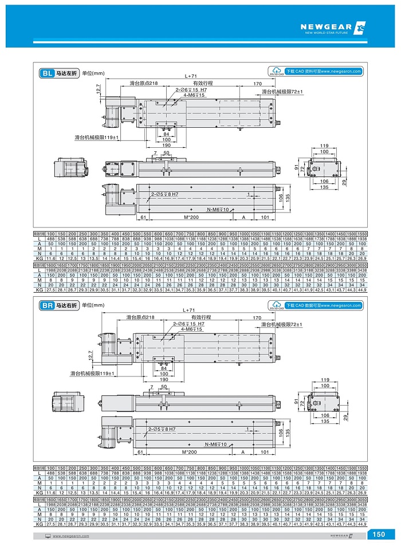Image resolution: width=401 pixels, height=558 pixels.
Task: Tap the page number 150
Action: point(379,535)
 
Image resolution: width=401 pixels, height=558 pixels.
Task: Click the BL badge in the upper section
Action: point(46,73)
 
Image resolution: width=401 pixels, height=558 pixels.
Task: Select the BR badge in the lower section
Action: point(46,306)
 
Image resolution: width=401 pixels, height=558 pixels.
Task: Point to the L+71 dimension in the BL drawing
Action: point(191,76)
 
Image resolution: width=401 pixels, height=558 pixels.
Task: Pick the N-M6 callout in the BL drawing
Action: point(218,210)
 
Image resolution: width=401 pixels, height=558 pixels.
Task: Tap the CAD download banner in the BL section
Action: point(324,72)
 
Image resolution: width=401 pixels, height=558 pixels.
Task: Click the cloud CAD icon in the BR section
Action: point(276,305)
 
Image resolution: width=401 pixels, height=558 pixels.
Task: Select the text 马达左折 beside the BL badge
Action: point(66,73)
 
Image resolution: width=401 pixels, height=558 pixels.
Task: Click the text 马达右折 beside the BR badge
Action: point(66,306)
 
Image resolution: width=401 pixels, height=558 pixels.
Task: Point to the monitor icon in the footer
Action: point(48,536)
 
